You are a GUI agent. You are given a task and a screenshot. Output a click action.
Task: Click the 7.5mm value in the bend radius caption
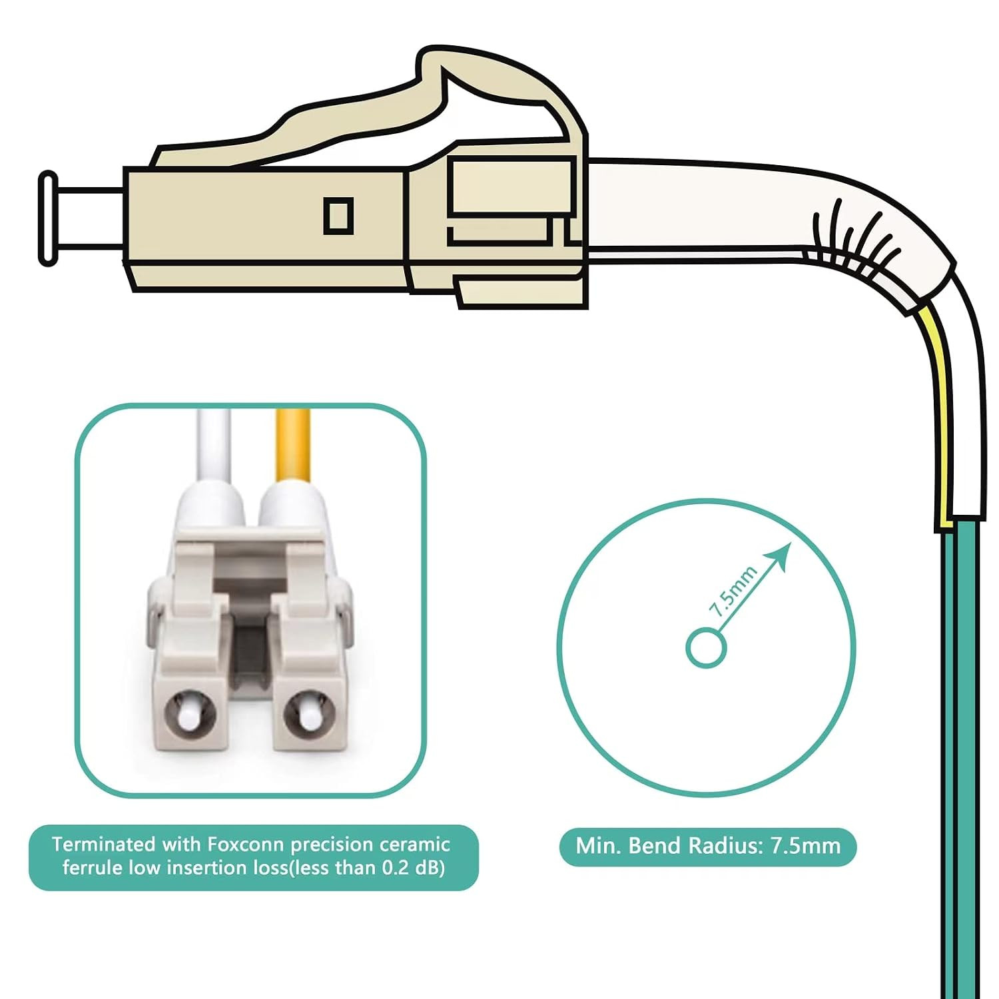point(806,846)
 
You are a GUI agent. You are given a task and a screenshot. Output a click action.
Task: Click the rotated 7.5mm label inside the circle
point(733,591)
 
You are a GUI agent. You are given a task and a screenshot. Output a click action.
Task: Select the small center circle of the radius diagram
point(706,647)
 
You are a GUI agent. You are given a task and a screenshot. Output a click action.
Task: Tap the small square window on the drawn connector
point(338,215)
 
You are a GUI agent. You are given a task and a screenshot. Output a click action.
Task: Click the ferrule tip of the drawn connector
point(48,218)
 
